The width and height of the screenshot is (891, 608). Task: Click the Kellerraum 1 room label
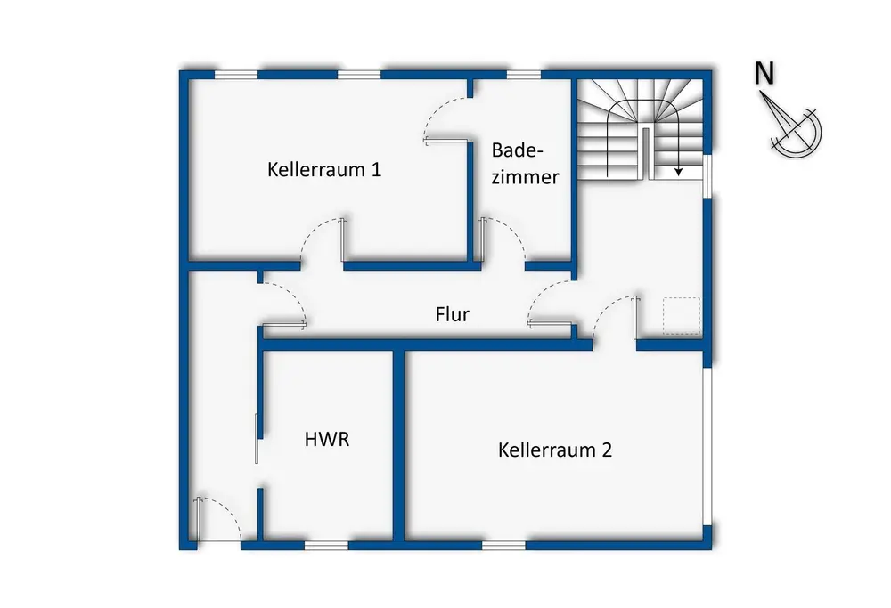(x=324, y=169)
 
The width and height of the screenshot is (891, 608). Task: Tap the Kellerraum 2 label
(x=555, y=450)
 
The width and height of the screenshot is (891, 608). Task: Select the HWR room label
(x=327, y=439)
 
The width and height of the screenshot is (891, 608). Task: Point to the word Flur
(x=453, y=314)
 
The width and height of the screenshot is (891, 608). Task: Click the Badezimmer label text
(x=525, y=164)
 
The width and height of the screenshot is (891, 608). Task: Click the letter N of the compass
(x=764, y=73)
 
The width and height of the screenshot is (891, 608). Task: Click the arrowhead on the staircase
(x=678, y=171)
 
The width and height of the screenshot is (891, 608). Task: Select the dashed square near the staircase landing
(x=682, y=316)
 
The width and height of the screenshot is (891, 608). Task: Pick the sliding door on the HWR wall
(x=257, y=438)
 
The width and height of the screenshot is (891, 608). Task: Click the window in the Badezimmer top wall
(x=524, y=75)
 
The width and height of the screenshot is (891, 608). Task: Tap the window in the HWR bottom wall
(x=326, y=546)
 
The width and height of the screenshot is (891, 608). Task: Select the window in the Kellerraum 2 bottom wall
(x=504, y=546)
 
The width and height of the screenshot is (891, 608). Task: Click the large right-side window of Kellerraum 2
(x=707, y=446)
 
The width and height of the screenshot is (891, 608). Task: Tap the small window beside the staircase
(x=707, y=176)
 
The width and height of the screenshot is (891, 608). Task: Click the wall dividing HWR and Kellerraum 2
(x=399, y=446)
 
